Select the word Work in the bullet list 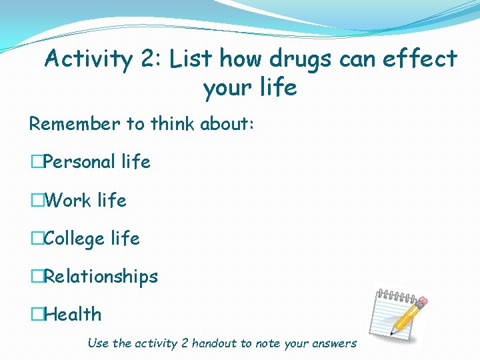(67, 200)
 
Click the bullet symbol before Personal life (36, 162)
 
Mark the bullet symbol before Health (36, 314)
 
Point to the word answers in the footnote (334, 343)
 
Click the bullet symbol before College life (36, 239)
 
